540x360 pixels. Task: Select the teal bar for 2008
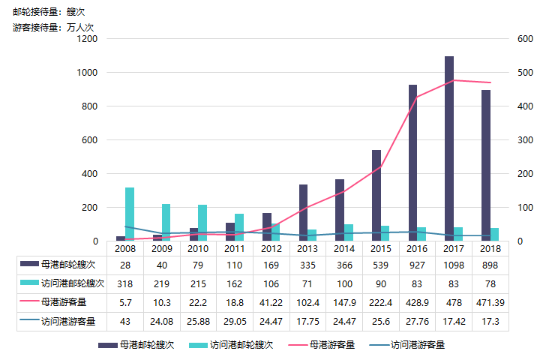(130, 214)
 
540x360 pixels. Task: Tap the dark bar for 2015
(376, 196)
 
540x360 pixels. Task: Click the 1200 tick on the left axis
(88, 39)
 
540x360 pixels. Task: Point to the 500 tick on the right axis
(524, 73)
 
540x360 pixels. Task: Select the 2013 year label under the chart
(307, 248)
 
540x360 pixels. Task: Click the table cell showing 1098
(454, 265)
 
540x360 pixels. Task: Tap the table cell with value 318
(125, 283)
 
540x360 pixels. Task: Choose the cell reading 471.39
(490, 302)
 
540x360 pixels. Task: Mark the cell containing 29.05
(235, 321)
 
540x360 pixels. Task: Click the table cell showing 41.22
(271, 302)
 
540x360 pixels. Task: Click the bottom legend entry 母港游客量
(330, 345)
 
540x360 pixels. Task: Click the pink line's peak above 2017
(453, 80)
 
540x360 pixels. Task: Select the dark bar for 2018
(486, 165)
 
